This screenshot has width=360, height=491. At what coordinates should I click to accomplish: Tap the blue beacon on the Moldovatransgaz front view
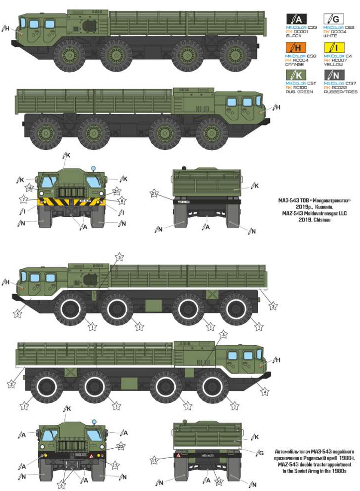tap(93, 169)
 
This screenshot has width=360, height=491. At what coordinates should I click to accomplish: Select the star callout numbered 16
tap(30, 188)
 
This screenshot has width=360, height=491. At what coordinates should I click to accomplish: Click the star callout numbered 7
tap(23, 199)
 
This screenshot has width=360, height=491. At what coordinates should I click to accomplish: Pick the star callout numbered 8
tap(122, 200)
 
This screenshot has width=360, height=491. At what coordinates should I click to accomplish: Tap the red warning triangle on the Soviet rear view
tap(177, 455)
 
